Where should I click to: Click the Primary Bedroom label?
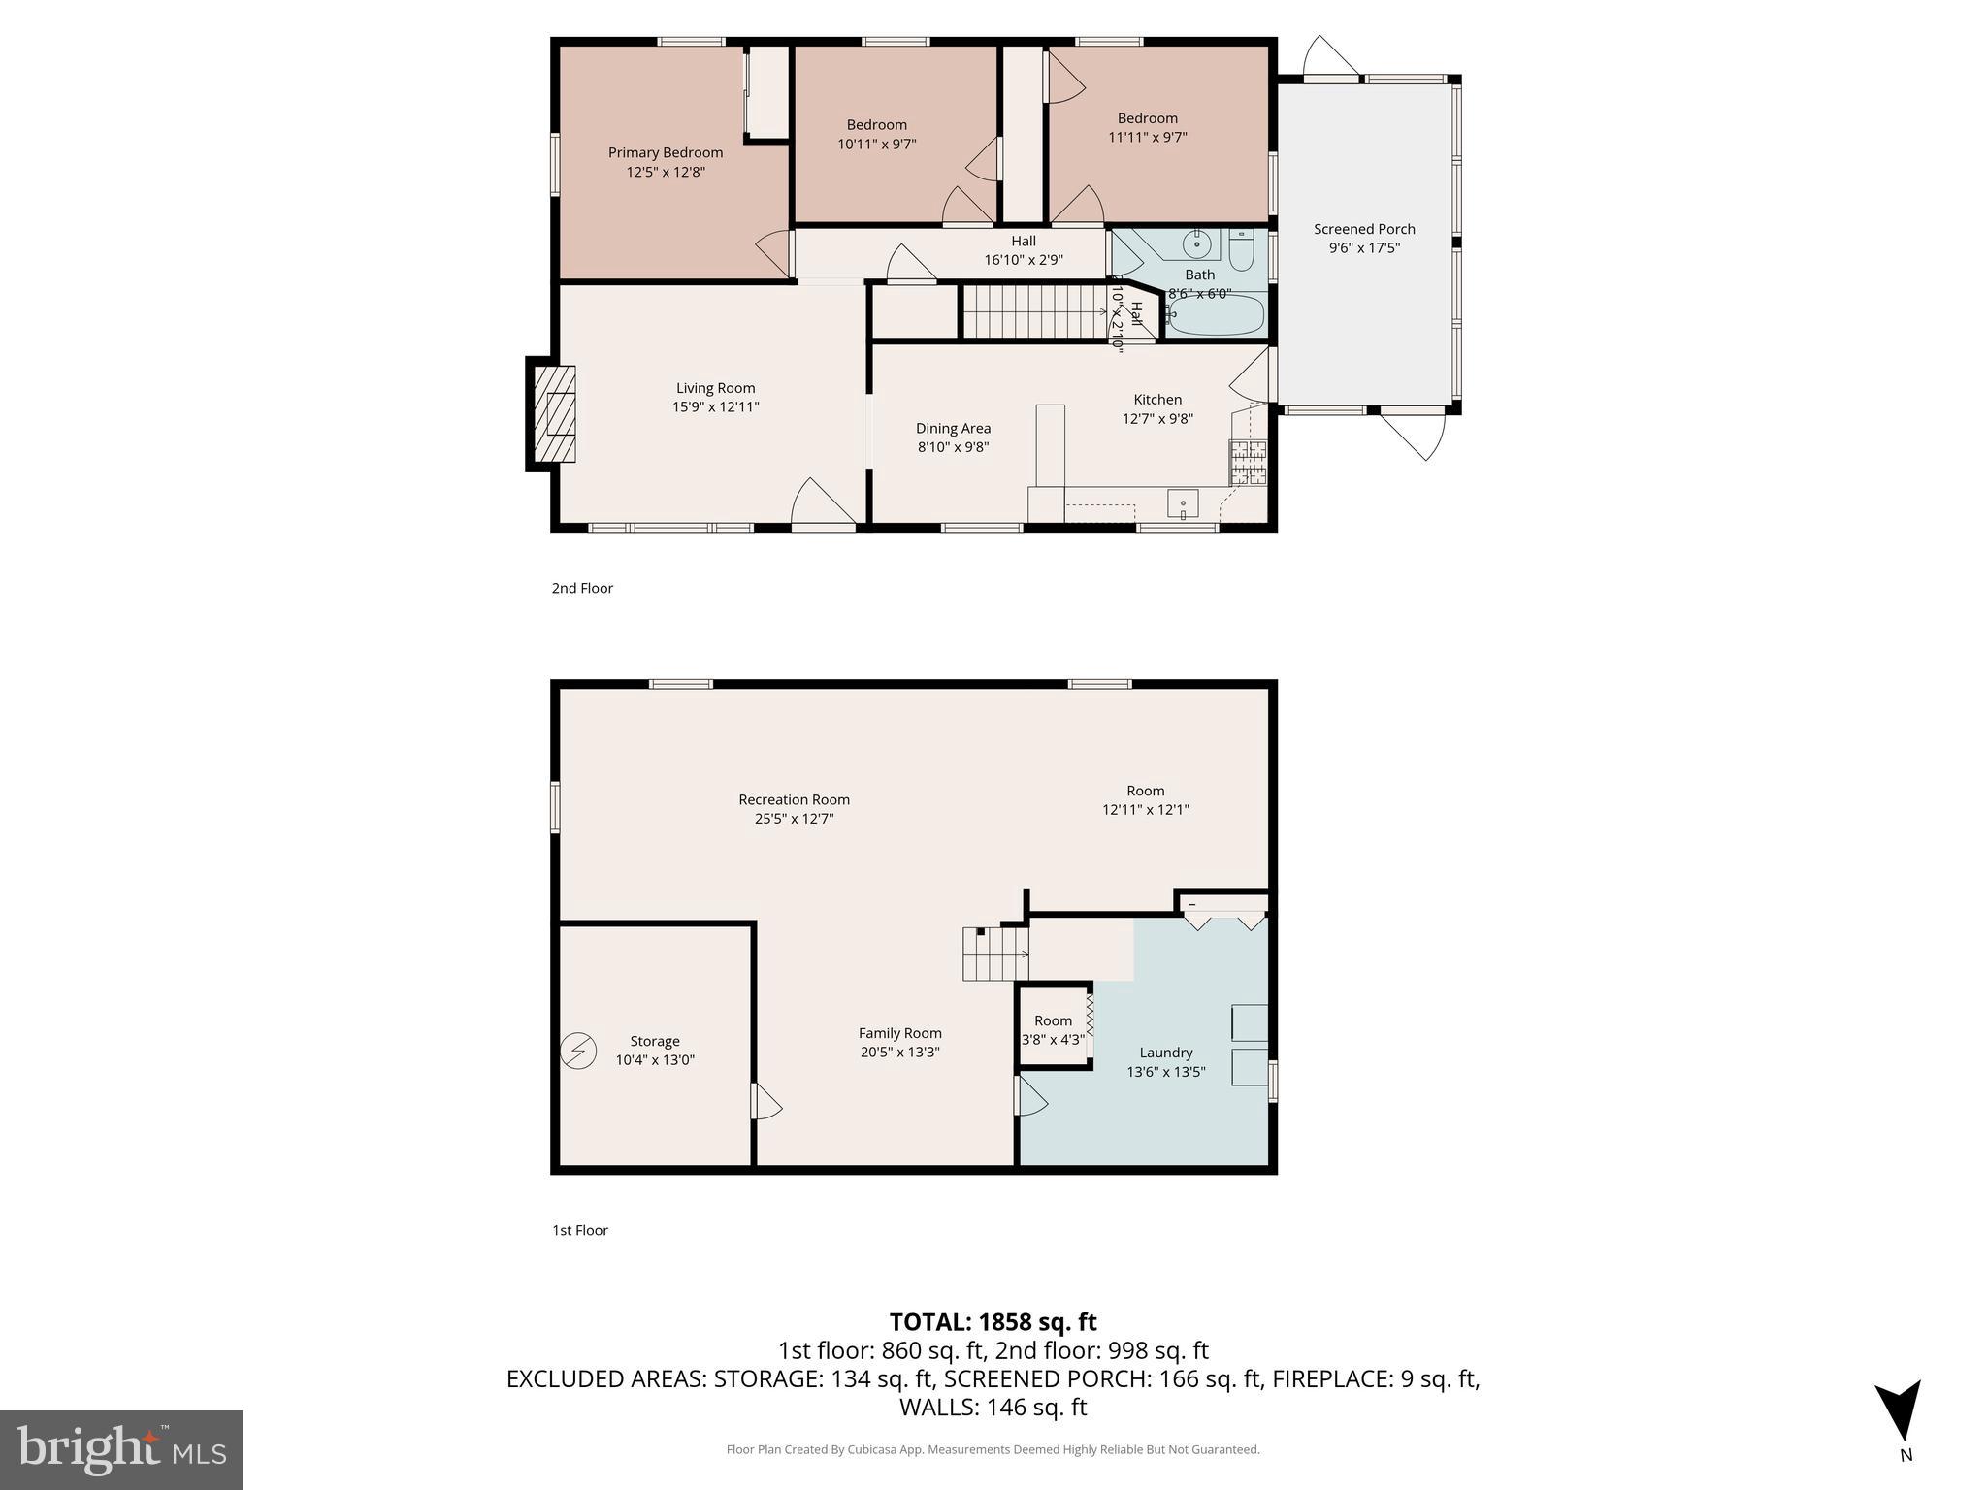[665, 152]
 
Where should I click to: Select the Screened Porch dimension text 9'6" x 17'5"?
[1364, 247]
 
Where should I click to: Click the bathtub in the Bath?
[1218, 315]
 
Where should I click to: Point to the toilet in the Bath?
[1242, 250]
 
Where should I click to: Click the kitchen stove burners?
[1248, 462]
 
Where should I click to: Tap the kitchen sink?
[1183, 504]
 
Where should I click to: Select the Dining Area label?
[953, 428]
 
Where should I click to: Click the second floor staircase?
[1033, 311]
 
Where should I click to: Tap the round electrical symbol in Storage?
[579, 1051]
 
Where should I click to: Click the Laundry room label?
[1165, 1053]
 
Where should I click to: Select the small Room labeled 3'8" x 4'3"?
[1053, 1029]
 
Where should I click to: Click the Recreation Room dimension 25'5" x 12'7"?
[794, 818]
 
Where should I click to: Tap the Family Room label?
[899, 1033]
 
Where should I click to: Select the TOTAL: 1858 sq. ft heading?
[993, 1322]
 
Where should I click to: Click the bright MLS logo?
[121, 1449]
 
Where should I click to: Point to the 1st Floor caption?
[580, 1230]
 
